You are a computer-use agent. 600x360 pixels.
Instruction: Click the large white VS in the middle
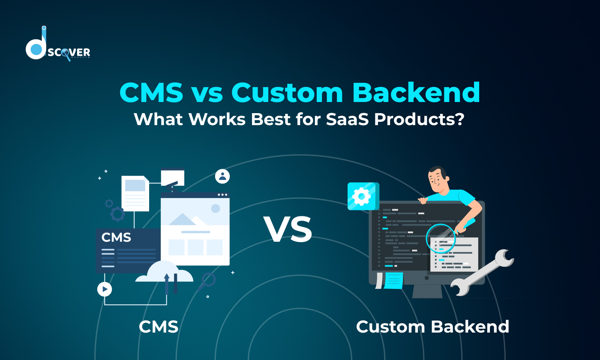[288, 229]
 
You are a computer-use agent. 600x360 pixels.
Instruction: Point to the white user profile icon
[222, 176]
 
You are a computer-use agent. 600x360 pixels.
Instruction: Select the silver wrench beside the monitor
[483, 273]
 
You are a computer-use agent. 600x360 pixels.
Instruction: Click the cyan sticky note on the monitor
[393, 280]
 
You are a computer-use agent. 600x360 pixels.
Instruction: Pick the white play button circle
[105, 289]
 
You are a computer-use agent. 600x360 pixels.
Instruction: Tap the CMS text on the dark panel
[116, 237]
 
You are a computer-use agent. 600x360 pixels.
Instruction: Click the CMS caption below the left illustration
[159, 327]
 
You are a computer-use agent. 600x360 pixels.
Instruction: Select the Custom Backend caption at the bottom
[432, 327]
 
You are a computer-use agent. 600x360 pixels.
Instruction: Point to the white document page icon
[135, 193]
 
